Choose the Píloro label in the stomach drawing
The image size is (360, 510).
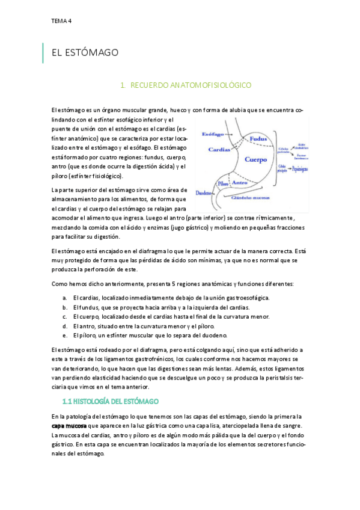(224, 182)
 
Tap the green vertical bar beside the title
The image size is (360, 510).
(43, 53)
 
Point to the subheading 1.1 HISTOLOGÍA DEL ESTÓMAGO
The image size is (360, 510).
(111, 401)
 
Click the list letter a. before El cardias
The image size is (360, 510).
(64, 298)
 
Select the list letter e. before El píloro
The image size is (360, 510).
(64, 335)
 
